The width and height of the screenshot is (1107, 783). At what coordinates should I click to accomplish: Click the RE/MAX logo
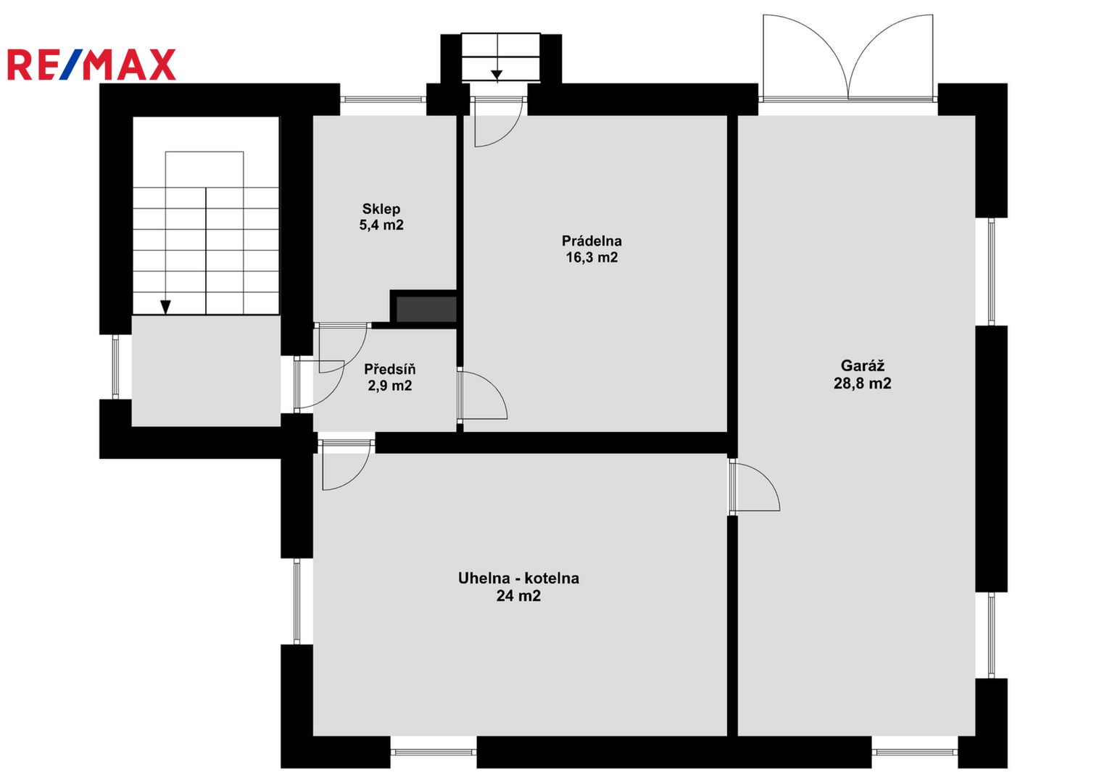tap(91, 65)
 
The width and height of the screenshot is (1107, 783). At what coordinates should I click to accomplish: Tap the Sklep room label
tap(381, 209)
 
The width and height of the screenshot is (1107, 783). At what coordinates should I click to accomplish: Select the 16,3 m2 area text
tap(592, 257)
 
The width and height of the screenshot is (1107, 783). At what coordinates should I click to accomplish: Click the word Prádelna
tap(592, 241)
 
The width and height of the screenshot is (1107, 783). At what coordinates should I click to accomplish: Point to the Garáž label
tap(863, 366)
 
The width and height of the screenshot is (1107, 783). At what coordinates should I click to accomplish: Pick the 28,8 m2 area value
tap(863, 383)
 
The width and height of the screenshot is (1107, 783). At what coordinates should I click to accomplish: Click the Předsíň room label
tap(389, 369)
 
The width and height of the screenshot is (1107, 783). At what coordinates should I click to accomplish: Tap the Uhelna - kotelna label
tap(518, 578)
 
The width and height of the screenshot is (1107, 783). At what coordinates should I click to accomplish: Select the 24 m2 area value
tap(518, 596)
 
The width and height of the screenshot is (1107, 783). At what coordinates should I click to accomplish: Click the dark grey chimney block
tap(426, 310)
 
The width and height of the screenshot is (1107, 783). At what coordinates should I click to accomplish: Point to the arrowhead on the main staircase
tap(165, 307)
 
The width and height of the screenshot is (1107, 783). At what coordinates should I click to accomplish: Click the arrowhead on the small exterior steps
tap(497, 75)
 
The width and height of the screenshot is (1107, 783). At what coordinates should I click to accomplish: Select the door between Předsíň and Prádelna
tap(483, 395)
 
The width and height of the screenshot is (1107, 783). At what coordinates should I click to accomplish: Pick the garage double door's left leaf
tap(805, 57)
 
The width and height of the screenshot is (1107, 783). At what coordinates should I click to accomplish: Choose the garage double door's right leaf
tap(890, 57)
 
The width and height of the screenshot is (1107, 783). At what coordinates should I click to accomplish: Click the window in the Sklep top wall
tap(383, 99)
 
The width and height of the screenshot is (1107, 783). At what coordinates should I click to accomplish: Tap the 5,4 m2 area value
tap(381, 225)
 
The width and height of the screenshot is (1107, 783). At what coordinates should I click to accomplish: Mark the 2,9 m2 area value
tap(389, 386)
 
